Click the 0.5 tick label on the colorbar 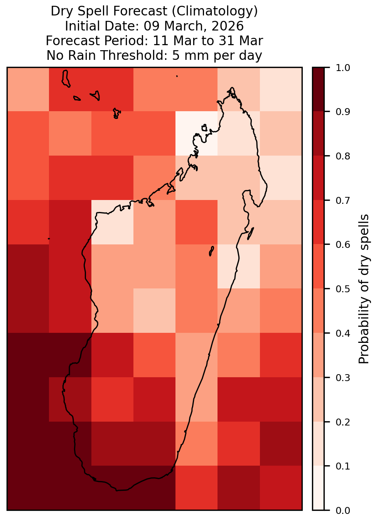coord(343,289)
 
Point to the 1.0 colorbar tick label coord(343,68)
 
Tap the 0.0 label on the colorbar coord(343,510)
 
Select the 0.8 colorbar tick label coord(343,156)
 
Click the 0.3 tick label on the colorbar coord(343,378)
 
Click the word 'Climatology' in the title coord(215,11)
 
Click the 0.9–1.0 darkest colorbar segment coord(318,90)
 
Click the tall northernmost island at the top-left coord(66,78)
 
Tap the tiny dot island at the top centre coord(177,76)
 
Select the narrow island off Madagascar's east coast coord(251,233)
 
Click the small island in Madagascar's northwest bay coord(204,128)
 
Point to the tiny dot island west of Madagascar coord(49,239)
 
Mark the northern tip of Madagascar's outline coord(232,88)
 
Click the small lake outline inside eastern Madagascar coord(211,251)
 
